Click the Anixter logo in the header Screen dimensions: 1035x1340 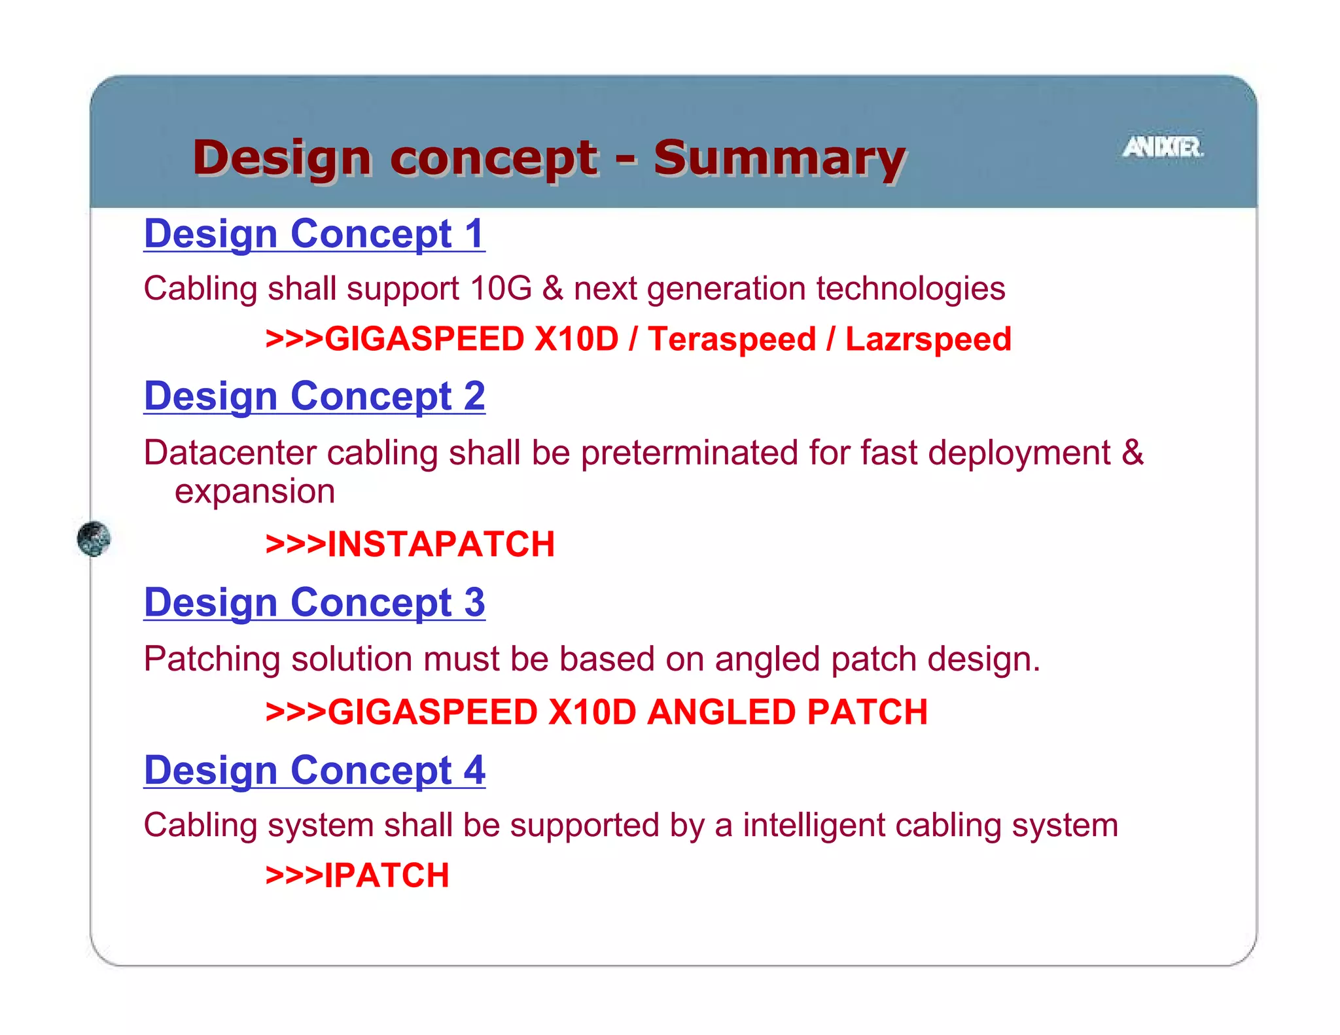click(1163, 147)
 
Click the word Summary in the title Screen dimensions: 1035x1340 click(779, 158)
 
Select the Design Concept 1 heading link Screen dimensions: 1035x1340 click(314, 234)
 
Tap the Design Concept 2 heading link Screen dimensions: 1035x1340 click(314, 396)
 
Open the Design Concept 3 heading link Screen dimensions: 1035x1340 click(314, 603)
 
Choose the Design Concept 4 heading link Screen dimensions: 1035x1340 click(314, 771)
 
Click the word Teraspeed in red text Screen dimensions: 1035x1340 click(732, 340)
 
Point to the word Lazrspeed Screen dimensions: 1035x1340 click(928, 340)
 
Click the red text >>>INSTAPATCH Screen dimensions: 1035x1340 click(410, 544)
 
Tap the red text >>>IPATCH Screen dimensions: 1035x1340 click(357, 875)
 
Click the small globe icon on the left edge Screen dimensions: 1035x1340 click(94, 539)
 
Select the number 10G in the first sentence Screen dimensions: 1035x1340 click(501, 289)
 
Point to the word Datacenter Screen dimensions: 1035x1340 click(230, 453)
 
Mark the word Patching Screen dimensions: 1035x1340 click(212, 659)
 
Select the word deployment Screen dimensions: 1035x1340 click(1019, 453)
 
